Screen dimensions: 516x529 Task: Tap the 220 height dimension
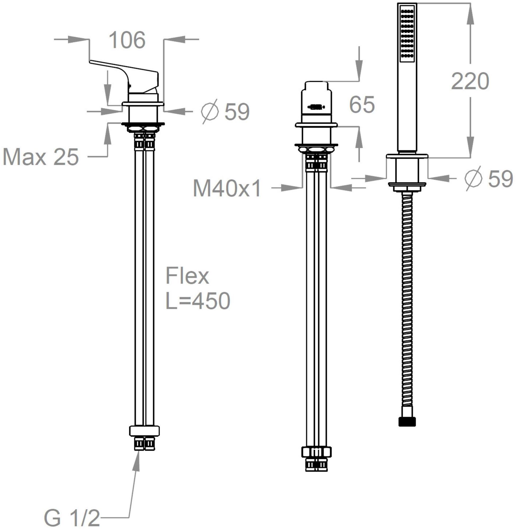point(470,81)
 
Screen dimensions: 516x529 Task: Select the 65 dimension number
point(362,104)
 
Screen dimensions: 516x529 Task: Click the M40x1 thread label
point(227,188)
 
